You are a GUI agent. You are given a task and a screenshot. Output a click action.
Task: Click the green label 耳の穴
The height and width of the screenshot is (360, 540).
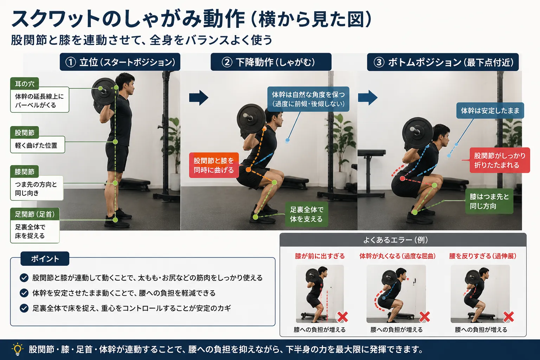(25, 84)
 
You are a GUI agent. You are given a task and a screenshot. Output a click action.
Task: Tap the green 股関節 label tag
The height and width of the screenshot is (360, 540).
(25, 133)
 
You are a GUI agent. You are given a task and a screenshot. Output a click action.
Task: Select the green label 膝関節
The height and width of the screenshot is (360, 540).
(25, 172)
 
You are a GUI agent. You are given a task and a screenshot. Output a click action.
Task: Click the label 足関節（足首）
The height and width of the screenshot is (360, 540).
(35, 214)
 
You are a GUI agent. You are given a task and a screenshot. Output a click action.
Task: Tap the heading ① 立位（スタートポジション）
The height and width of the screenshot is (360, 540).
(120, 62)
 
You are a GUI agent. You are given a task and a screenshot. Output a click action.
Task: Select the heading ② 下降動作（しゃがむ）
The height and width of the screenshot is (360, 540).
(271, 62)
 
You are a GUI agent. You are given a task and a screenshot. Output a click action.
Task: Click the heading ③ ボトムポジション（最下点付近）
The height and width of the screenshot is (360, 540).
(443, 62)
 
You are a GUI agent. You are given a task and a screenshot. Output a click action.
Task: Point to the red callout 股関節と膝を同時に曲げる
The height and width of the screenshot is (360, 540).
(214, 165)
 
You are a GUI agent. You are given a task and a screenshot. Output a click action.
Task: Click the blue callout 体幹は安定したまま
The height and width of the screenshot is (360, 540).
(490, 110)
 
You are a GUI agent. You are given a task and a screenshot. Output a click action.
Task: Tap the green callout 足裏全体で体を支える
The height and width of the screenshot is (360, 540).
(307, 214)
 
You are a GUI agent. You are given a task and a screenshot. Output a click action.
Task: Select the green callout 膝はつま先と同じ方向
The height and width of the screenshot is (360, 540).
(489, 201)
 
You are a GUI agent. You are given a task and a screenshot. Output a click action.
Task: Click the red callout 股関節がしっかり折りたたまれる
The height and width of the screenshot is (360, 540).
(500, 160)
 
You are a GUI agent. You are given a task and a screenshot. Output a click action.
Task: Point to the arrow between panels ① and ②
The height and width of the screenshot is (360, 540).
(199, 98)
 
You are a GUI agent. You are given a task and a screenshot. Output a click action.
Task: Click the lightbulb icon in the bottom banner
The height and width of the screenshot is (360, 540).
(17, 349)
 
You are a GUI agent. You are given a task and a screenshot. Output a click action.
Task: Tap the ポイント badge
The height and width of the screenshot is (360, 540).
(45, 258)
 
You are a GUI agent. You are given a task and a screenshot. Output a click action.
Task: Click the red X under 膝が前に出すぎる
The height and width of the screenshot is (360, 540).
(342, 317)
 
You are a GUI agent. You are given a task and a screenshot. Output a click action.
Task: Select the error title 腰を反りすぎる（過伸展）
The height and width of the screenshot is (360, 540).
(483, 256)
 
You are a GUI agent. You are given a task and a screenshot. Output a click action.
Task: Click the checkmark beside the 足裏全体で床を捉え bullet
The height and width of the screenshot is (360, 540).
(24, 308)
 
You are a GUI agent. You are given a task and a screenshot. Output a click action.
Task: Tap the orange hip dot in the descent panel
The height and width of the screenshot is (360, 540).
(248, 169)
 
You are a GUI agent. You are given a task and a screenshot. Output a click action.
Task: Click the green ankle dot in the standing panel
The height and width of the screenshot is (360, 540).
(115, 220)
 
